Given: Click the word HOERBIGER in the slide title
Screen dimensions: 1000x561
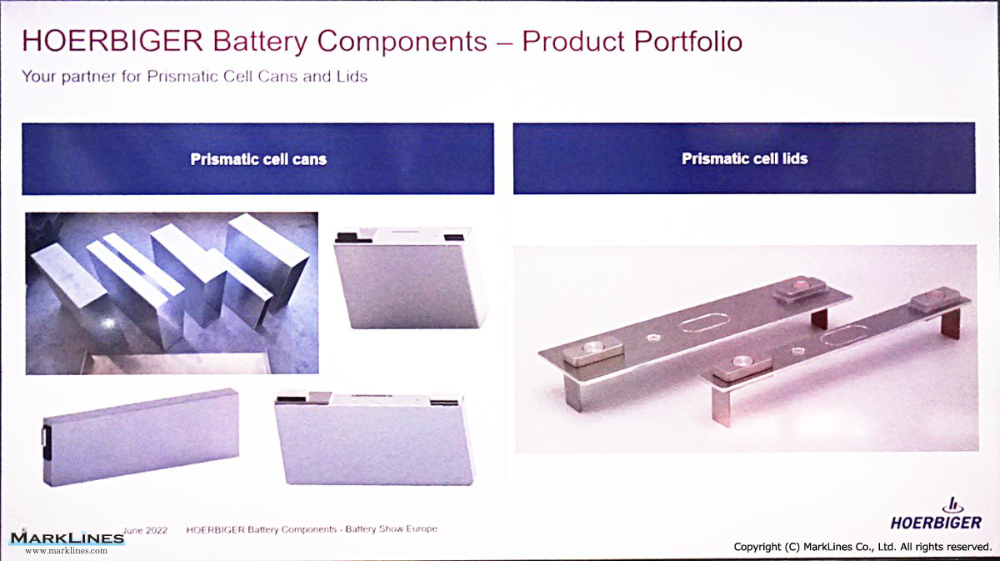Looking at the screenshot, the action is pos(113,41).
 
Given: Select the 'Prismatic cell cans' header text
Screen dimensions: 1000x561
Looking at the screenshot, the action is pos(258,159).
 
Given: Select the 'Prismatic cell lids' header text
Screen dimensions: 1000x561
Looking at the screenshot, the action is pos(745,158).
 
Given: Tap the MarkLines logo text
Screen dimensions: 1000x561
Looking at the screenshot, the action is pos(67,538).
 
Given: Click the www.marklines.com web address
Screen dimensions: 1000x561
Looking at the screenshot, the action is pos(66,551).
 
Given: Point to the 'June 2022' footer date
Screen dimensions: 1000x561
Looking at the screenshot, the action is pos(145,530).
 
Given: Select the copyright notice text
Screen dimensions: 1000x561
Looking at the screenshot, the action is pos(862,547).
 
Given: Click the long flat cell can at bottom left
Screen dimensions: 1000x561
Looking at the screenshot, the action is pos(141,437).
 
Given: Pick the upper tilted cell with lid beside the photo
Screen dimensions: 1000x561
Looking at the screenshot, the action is pos(410,278).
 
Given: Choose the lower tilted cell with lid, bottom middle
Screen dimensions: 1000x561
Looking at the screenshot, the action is pos(374,437).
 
